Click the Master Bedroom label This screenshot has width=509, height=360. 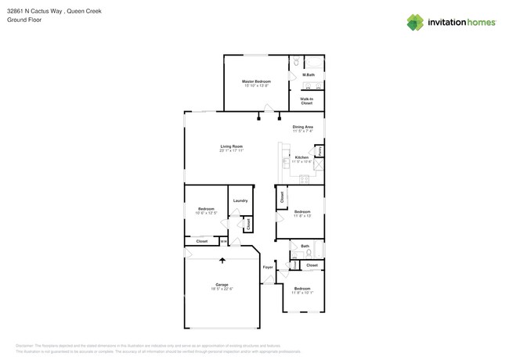pyautogui.click(x=256, y=81)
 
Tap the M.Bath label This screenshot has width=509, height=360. pyautogui.click(x=309, y=75)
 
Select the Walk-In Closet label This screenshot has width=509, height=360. pyautogui.click(x=307, y=101)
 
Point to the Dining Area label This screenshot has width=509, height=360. pyautogui.click(x=303, y=127)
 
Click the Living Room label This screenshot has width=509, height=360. pyautogui.click(x=231, y=146)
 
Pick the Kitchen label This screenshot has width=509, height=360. pyautogui.click(x=301, y=157)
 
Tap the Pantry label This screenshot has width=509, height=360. pyautogui.click(x=319, y=150)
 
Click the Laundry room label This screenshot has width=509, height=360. pyautogui.click(x=240, y=200)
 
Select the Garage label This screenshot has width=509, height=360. pyautogui.click(x=222, y=284)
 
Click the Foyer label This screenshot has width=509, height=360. pyautogui.click(x=268, y=268)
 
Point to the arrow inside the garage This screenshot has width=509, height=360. pyautogui.click(x=222, y=261)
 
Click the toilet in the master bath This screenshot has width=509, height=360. pyautogui.click(x=297, y=62)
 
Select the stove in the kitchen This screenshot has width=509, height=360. pyautogui.click(x=304, y=179)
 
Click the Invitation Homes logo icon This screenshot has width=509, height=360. pyautogui.click(x=415, y=22)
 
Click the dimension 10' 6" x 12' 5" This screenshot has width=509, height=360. pyautogui.click(x=206, y=213)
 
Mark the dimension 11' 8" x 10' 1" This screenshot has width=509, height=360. pyautogui.click(x=302, y=293)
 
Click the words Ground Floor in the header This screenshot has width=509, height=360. pyautogui.click(x=24, y=20)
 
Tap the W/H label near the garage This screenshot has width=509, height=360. pyautogui.click(x=223, y=242)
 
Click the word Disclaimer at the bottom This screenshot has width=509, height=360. pyautogui.click(x=28, y=345)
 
